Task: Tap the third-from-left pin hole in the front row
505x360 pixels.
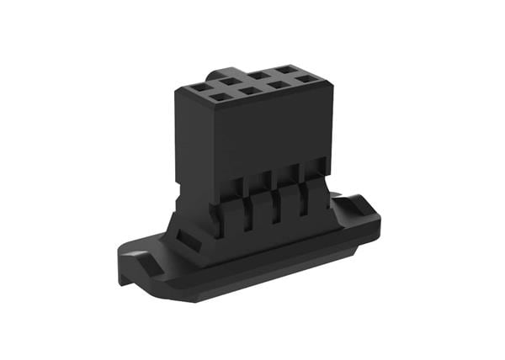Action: [275, 86]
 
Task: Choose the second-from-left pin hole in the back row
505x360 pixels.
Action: [230, 81]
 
